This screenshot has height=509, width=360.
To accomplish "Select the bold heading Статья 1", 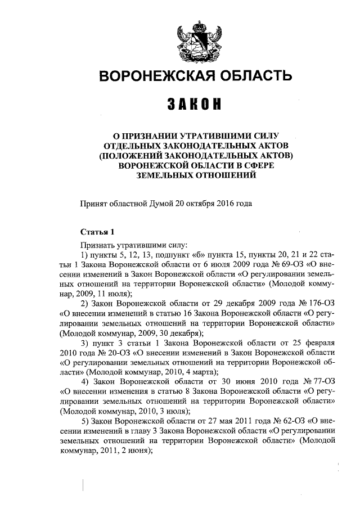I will [x=97, y=232].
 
